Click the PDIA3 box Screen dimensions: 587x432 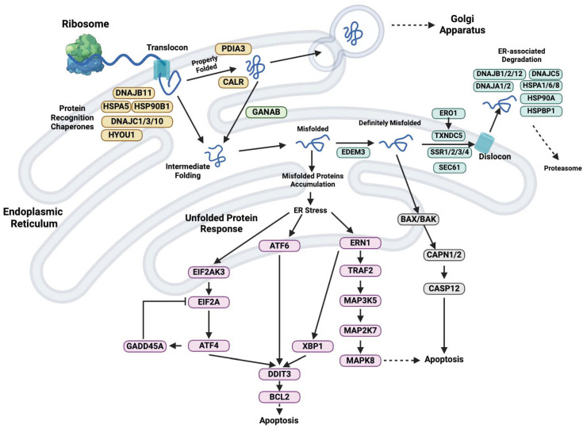click(x=233, y=49)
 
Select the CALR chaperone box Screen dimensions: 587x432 click(x=233, y=82)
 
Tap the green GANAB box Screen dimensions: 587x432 click(x=267, y=112)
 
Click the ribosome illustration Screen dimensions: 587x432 click(x=84, y=56)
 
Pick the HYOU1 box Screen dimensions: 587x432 click(x=121, y=135)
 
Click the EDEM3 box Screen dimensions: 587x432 click(x=353, y=152)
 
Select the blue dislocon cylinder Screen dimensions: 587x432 click(x=485, y=142)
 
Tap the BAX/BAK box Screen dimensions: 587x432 click(x=419, y=220)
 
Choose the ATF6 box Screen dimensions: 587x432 click(x=279, y=246)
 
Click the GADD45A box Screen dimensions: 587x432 click(x=145, y=346)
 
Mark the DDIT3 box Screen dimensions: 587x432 click(x=279, y=373)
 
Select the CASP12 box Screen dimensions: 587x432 click(x=444, y=289)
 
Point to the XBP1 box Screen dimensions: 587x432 click(x=313, y=346)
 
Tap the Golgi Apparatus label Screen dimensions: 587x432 click(x=462, y=25)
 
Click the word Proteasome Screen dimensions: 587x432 click(x=562, y=168)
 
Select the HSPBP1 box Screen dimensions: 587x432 click(x=541, y=111)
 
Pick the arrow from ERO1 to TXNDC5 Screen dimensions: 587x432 click(x=448, y=124)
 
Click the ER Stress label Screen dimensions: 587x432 click(x=310, y=210)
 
